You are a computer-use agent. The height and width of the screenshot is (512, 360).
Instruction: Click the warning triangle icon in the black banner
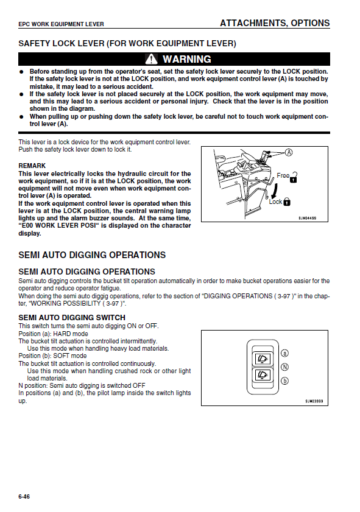click(x=151, y=59)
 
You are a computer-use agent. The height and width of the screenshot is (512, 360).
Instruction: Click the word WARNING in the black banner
click(x=187, y=59)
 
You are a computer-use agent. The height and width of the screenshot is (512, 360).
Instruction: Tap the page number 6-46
click(x=24, y=497)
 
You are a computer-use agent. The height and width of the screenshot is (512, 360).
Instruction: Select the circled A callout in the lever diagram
click(x=289, y=152)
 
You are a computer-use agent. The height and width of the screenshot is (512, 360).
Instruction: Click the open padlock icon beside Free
click(x=294, y=177)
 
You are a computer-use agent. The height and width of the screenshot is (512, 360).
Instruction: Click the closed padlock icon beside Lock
click(x=287, y=202)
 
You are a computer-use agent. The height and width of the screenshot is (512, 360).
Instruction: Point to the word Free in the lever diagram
click(x=283, y=175)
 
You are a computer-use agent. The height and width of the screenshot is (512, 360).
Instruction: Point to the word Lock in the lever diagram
click(x=275, y=202)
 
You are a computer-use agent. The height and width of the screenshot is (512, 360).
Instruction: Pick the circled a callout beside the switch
click(x=285, y=353)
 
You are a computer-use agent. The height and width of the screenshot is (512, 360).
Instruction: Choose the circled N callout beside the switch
click(x=285, y=367)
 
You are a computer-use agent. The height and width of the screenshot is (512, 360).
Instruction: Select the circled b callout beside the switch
click(x=285, y=380)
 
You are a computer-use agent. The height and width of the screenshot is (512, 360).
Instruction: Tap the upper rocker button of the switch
click(x=263, y=360)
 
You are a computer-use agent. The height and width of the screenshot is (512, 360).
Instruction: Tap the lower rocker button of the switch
click(x=263, y=374)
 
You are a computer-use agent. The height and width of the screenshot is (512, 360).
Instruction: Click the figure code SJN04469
click(x=308, y=218)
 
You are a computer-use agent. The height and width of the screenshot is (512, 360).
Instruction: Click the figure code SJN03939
click(x=314, y=401)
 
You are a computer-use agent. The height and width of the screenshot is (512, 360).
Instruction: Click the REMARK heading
click(x=32, y=166)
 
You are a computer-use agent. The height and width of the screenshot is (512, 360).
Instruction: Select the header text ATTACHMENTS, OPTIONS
click(x=275, y=23)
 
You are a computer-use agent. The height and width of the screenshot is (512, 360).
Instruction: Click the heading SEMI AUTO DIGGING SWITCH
click(x=72, y=318)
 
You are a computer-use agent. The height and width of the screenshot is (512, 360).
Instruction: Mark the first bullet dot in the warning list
click(x=21, y=71)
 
